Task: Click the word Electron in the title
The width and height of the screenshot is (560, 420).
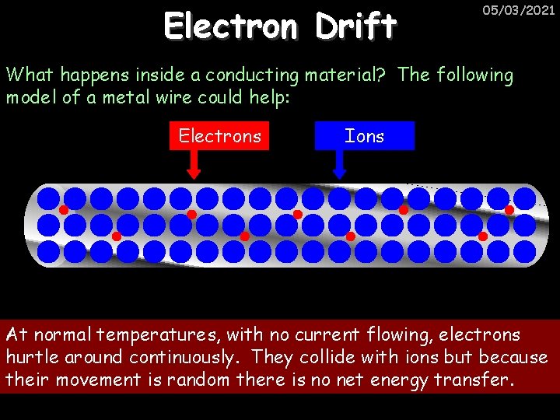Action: click(x=230, y=26)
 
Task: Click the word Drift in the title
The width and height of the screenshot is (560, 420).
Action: click(x=355, y=26)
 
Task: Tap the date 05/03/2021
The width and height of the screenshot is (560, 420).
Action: click(x=519, y=11)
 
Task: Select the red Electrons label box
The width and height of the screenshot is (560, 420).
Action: click(x=219, y=136)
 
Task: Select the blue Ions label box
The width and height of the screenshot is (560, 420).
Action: click(x=364, y=136)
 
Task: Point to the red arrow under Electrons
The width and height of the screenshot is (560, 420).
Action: click(x=194, y=164)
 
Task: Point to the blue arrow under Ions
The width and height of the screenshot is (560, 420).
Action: click(x=339, y=164)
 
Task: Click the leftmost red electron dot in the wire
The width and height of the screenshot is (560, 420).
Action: click(x=64, y=210)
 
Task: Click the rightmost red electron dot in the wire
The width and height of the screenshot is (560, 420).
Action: click(x=509, y=210)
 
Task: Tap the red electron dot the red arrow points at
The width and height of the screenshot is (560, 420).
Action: click(x=191, y=214)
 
